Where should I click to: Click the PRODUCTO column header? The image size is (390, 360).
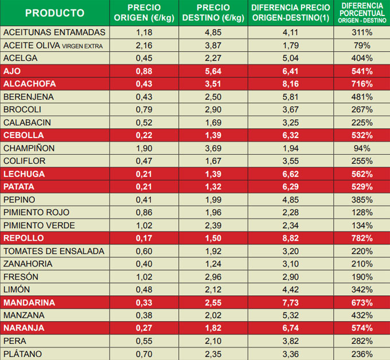point(54,13)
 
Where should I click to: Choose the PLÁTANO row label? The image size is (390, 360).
point(22,354)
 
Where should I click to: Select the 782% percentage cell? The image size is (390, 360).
point(362,238)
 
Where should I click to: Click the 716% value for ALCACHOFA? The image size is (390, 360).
point(362,84)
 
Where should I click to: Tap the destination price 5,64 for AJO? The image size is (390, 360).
point(213,71)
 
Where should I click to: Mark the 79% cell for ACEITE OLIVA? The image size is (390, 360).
point(362,45)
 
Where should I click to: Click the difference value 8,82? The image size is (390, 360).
point(290,238)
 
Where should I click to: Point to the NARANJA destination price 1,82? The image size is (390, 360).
point(213,328)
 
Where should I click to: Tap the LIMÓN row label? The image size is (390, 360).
point(17,289)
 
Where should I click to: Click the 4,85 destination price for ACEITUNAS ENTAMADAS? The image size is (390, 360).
point(213,32)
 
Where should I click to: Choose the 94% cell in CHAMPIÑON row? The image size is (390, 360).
point(362,148)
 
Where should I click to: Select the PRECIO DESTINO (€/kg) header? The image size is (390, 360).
point(213,13)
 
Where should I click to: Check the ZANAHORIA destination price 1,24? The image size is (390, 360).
point(213,264)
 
